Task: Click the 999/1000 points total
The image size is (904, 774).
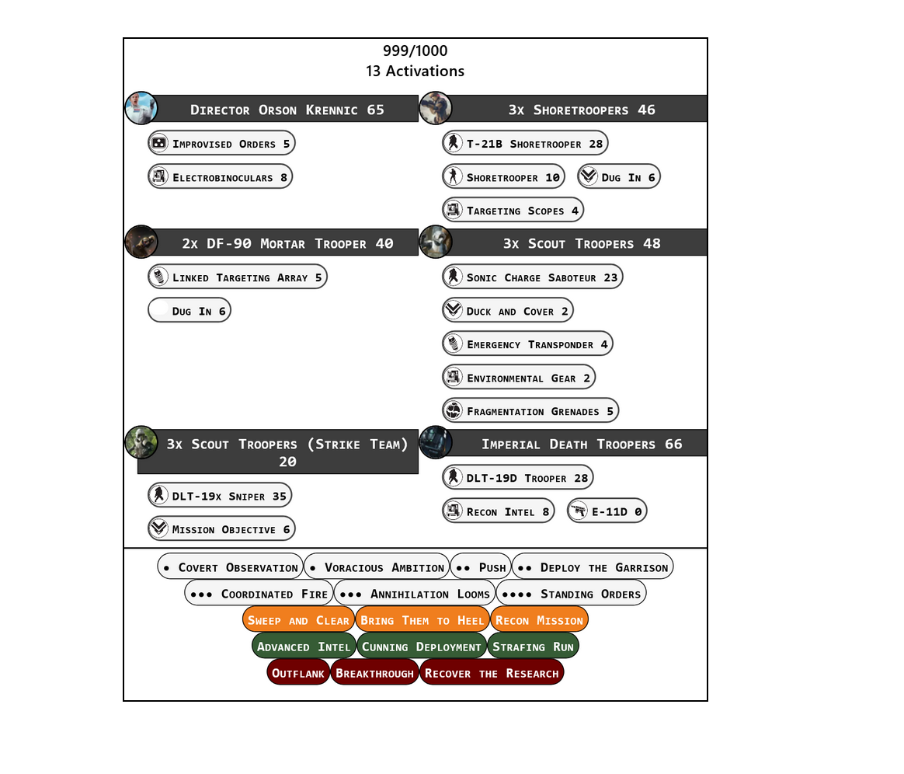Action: click(415, 51)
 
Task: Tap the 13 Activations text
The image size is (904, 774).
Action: click(415, 71)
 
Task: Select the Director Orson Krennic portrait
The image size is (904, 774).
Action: click(141, 109)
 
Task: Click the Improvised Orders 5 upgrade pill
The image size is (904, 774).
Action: click(221, 143)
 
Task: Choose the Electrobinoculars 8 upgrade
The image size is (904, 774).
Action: click(220, 177)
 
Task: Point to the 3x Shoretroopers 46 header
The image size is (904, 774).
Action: click(581, 110)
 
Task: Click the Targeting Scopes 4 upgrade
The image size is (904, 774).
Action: click(513, 211)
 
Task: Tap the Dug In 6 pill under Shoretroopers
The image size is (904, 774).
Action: click(618, 177)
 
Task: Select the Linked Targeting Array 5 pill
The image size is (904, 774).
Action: click(237, 277)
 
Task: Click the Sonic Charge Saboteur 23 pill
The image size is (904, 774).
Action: click(532, 277)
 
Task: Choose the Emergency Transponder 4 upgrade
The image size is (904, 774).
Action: click(527, 344)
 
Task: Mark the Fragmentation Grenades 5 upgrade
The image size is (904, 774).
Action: click(530, 411)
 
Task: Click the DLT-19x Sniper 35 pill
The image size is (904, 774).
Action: click(220, 496)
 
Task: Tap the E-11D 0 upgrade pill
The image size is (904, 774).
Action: click(607, 511)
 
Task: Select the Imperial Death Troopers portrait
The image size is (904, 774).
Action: click(436, 443)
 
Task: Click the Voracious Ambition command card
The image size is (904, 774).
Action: click(377, 567)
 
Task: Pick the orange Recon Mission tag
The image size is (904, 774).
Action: click(539, 620)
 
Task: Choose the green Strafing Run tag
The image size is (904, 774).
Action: click(533, 647)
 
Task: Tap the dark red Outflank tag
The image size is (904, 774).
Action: click(298, 673)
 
